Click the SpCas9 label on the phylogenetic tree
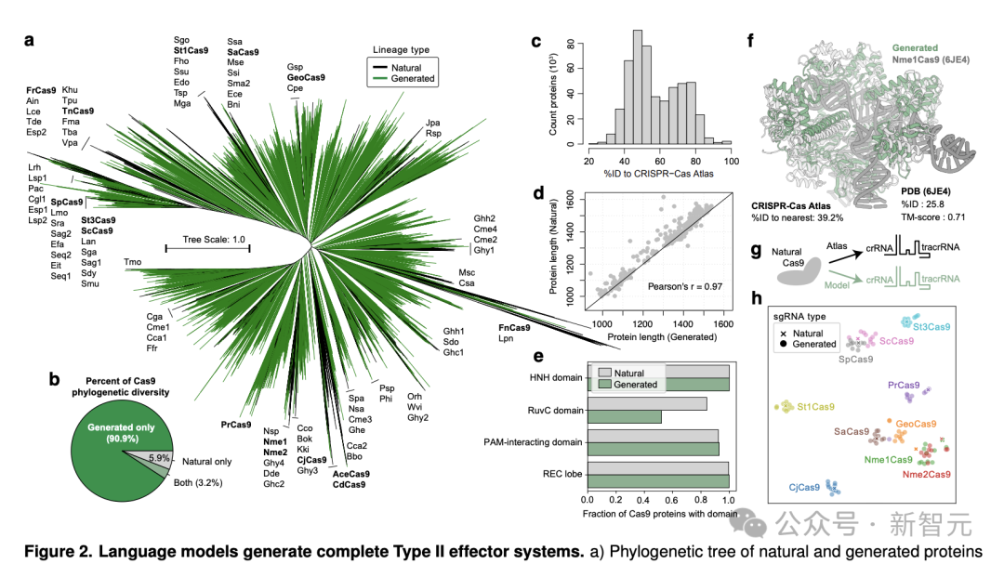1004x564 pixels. [66, 202]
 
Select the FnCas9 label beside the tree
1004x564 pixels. [514, 327]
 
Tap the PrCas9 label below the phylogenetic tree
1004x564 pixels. [235, 425]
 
